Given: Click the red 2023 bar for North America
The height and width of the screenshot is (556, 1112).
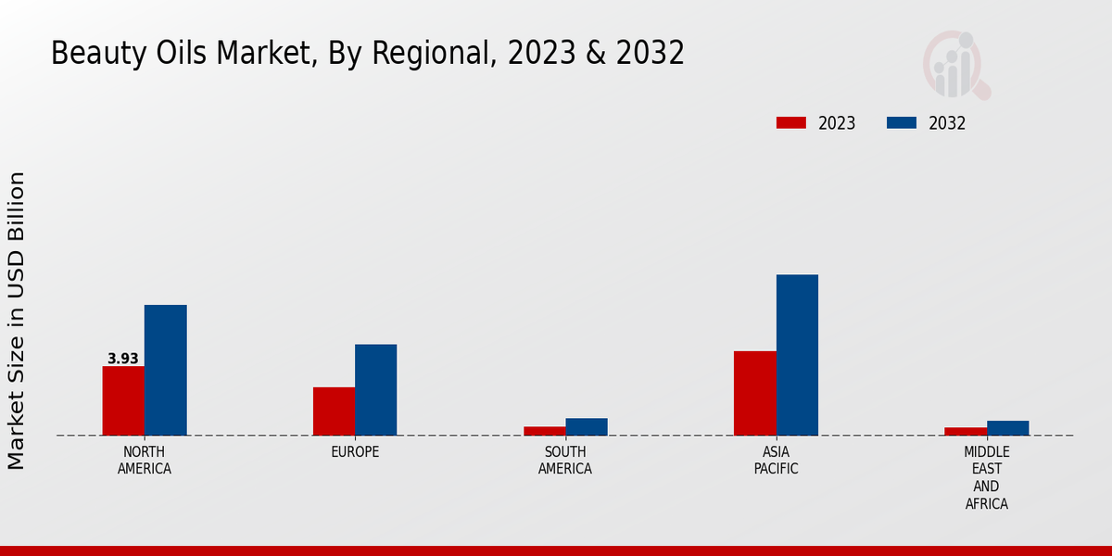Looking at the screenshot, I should coord(123,400).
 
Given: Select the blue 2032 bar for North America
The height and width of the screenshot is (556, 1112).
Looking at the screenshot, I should coord(165,370).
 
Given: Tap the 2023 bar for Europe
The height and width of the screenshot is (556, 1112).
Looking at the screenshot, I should coord(334,411).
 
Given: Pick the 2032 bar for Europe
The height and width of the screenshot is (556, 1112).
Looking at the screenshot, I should coord(375,389).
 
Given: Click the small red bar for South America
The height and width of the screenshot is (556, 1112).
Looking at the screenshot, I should coord(544,431).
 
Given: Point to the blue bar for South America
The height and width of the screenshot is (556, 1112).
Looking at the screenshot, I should coord(587,426).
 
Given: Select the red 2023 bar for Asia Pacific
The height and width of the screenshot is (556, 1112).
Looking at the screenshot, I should coord(754,393).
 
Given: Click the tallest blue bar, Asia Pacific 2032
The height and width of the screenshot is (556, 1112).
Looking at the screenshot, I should coord(797,355).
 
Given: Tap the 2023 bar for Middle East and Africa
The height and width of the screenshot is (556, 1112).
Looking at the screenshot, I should coord(965,431).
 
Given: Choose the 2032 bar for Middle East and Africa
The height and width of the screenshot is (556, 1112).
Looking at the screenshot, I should coord(1007,428).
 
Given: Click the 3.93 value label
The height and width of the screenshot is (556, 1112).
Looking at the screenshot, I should coord(123,359).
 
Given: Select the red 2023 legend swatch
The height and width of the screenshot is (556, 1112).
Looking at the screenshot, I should coord(791,123).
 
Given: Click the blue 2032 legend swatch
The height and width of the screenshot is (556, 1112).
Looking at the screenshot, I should coord(902,123).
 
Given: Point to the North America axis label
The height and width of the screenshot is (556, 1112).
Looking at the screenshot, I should coord(145,461).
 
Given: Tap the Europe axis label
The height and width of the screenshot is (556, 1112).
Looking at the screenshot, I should coord(355,452).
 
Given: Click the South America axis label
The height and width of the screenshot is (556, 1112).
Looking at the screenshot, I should coord(565,461).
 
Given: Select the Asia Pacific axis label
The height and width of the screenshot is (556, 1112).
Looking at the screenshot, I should coord(776,461).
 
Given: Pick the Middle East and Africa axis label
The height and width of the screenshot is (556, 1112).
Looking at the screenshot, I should coord(986,478).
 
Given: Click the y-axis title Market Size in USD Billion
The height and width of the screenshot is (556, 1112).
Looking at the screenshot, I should coord(17,320).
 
